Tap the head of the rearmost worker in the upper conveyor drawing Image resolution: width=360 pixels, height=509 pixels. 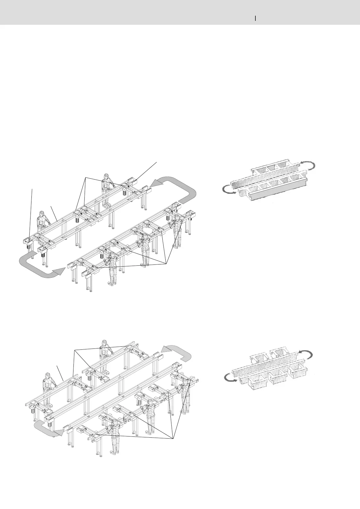(x=106, y=177)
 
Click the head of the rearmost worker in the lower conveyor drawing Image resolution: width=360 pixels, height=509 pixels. (x=104, y=344)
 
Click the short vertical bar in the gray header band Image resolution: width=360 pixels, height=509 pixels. (x=256, y=18)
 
